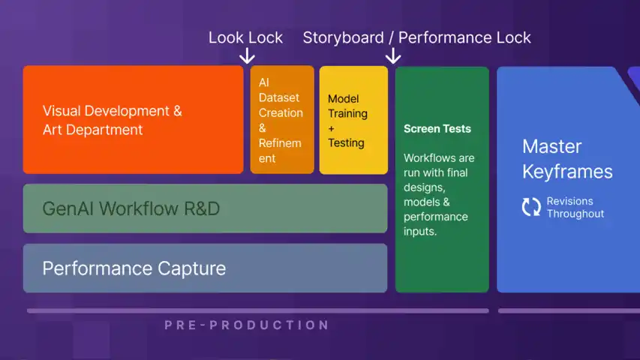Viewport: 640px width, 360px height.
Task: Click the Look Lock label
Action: (245, 37)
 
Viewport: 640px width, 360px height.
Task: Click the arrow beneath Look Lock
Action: (246, 56)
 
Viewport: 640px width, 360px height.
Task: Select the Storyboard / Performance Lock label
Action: (416, 37)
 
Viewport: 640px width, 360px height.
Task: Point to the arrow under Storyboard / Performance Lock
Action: (393, 56)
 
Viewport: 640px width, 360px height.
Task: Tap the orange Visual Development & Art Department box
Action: (133, 120)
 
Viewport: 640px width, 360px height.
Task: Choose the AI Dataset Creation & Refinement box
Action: (281, 120)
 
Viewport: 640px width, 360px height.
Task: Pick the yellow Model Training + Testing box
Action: (353, 120)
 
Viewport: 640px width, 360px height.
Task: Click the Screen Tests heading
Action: (437, 129)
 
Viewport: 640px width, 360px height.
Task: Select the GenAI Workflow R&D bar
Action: (205, 208)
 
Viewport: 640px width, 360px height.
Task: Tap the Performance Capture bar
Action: (205, 268)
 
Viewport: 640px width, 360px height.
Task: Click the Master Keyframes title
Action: (566, 158)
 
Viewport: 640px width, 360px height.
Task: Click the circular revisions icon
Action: (531, 207)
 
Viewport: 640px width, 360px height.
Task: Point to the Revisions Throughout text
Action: (575, 207)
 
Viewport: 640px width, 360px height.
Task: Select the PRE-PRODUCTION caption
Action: (247, 325)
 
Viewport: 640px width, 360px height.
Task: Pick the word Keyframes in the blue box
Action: (567, 171)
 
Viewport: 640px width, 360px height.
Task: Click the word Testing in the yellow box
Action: (346, 142)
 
